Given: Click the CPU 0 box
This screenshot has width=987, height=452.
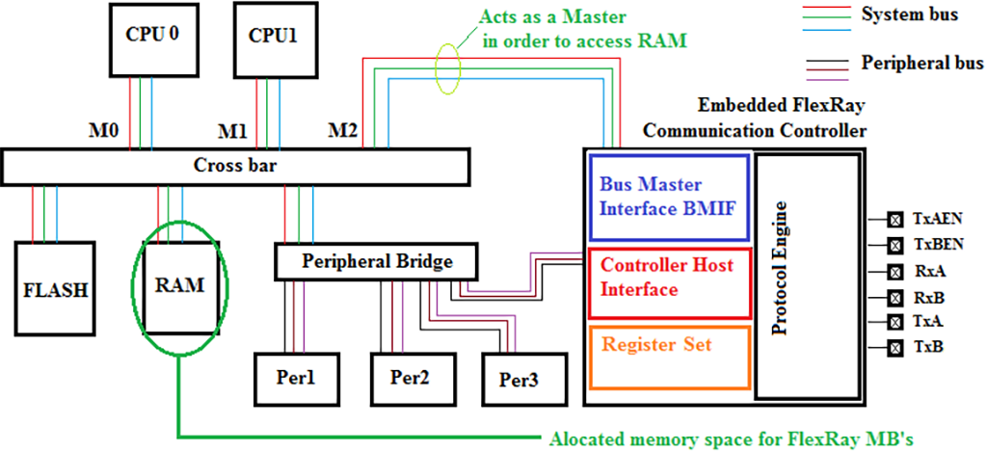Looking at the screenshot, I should (x=154, y=38).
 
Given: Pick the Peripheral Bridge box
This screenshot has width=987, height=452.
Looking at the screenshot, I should (x=376, y=260).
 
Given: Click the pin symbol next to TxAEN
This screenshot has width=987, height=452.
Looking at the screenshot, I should (x=894, y=220).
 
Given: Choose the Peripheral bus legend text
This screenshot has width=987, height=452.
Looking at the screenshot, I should (x=921, y=64).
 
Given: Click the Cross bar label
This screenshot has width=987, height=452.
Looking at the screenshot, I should (x=235, y=166).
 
